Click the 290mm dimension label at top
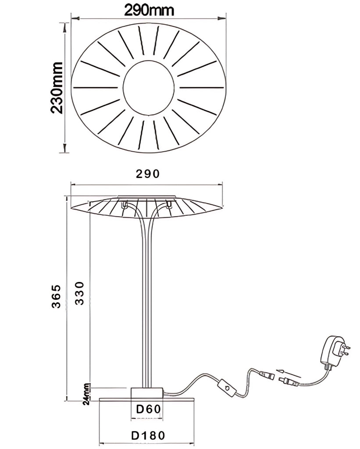point(149,11)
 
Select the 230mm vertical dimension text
point(57,88)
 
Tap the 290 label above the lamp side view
point(147,174)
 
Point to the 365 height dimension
point(56,296)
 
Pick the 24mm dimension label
point(86,394)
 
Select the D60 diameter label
point(149,409)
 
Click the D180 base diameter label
point(148,435)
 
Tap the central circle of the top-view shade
point(148,88)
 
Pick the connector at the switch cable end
point(265,374)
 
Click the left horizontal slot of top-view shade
point(96,87)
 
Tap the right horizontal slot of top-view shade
point(202,87)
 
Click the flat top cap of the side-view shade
point(146,196)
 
